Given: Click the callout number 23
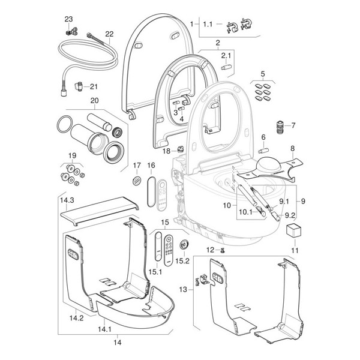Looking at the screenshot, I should [x=68, y=19].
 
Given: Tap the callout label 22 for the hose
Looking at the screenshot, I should [x=110, y=34].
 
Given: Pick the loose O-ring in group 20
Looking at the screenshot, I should [x=62, y=127].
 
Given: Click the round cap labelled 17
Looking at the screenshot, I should [x=136, y=181].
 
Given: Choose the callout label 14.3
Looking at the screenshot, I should [x=66, y=199].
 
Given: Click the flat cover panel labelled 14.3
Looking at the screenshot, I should [x=102, y=209].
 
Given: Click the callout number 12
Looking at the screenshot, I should [x=209, y=249].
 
